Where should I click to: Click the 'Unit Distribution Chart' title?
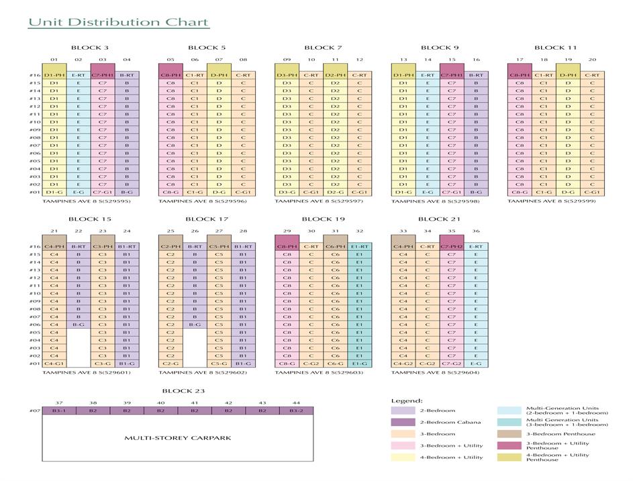[118, 23]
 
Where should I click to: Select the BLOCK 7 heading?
[323, 48]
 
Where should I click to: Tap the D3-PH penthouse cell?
[287, 75]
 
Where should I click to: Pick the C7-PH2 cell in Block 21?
[452, 246]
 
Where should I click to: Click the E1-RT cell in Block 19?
[360, 246]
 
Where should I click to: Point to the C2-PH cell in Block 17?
[171, 246]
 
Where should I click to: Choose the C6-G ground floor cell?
[335, 364]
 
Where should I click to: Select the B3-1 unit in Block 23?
[59, 411]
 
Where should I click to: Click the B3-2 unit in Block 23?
[296, 411]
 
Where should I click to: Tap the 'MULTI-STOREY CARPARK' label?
[178, 438]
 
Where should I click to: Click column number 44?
[296, 403]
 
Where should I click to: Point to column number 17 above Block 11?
[520, 60]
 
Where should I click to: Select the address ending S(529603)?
[319, 372]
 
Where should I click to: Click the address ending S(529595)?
[87, 201]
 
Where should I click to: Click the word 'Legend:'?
[407, 400]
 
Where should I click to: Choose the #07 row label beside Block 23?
[35, 411]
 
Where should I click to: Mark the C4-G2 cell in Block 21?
[403, 364]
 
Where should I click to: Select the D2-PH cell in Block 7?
[335, 75]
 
